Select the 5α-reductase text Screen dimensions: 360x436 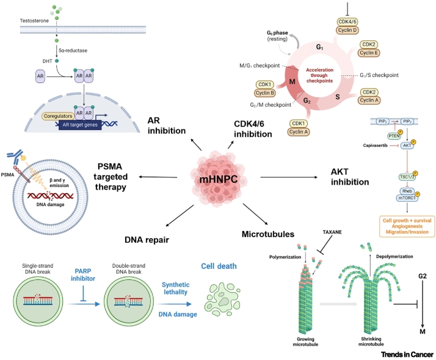click(71, 51)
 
